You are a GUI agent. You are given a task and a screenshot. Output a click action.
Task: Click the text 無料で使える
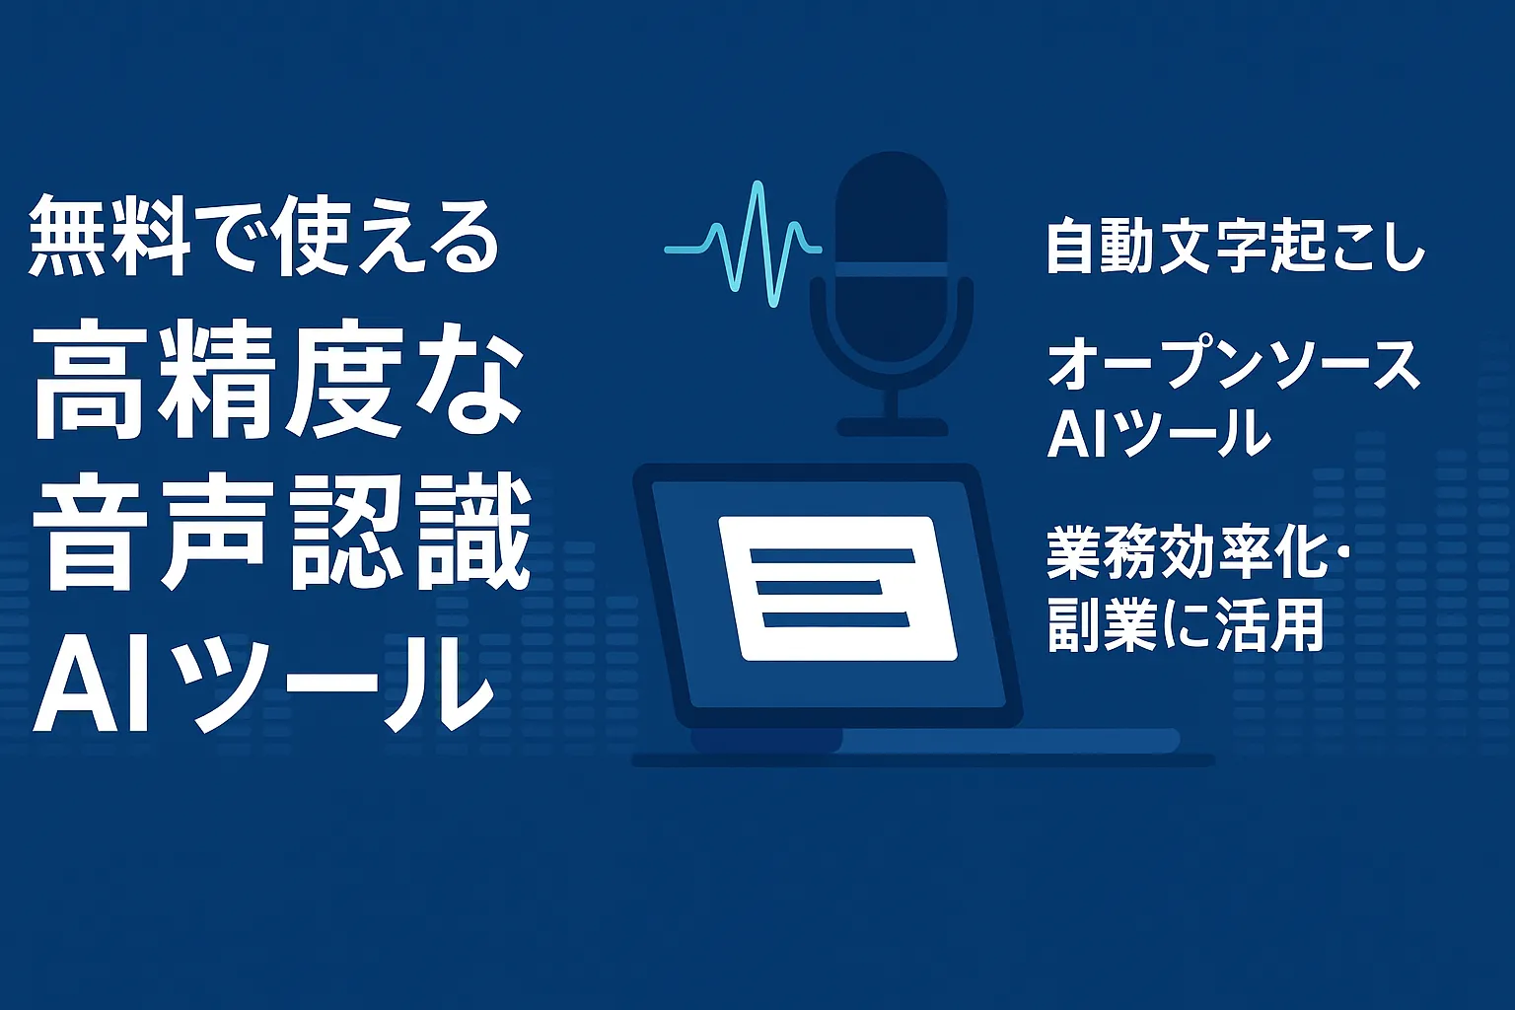click(263, 235)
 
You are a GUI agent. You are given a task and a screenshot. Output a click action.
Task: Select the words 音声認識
click(281, 533)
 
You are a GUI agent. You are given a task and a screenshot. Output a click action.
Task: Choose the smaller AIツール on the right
click(1158, 432)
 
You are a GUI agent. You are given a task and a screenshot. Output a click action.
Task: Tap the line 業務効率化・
click(1197, 554)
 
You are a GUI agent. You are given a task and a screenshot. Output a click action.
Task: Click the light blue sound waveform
click(743, 245)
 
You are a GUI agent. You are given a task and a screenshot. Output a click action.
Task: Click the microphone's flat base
click(892, 427)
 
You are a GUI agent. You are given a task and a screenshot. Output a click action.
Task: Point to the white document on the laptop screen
click(837, 587)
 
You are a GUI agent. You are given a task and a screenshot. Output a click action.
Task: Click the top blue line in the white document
click(832, 556)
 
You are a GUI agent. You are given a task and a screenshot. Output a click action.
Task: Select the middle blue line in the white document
click(820, 587)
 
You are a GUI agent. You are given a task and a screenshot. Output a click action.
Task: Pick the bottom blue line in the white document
click(836, 618)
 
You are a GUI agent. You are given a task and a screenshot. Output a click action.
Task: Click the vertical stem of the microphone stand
click(892, 402)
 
